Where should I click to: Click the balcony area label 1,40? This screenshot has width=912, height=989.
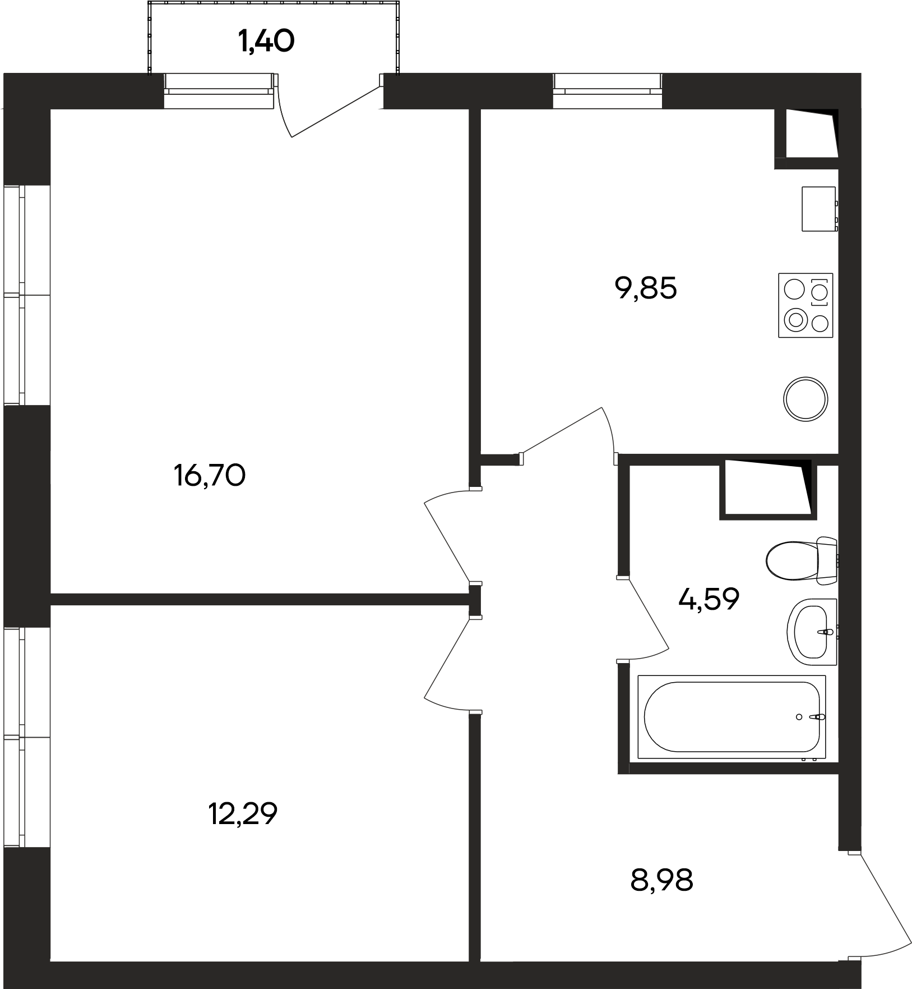266,42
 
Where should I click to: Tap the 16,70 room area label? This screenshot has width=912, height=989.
210,476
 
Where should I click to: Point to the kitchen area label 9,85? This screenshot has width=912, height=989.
646,288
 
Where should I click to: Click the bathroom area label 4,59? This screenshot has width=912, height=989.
709,599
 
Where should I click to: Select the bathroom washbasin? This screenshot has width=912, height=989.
812,632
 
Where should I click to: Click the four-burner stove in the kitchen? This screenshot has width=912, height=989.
805,305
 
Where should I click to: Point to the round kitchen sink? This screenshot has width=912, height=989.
805,398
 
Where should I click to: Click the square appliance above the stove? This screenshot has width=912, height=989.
820,209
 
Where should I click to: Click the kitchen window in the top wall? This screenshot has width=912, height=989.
608,91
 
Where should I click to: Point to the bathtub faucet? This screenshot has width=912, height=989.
820,717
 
